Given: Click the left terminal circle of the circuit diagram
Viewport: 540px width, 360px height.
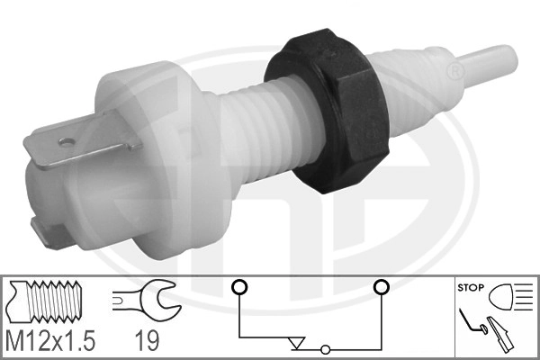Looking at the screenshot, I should pyautogui.click(x=238, y=287).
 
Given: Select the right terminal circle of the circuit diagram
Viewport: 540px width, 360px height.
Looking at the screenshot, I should pyautogui.click(x=381, y=287).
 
